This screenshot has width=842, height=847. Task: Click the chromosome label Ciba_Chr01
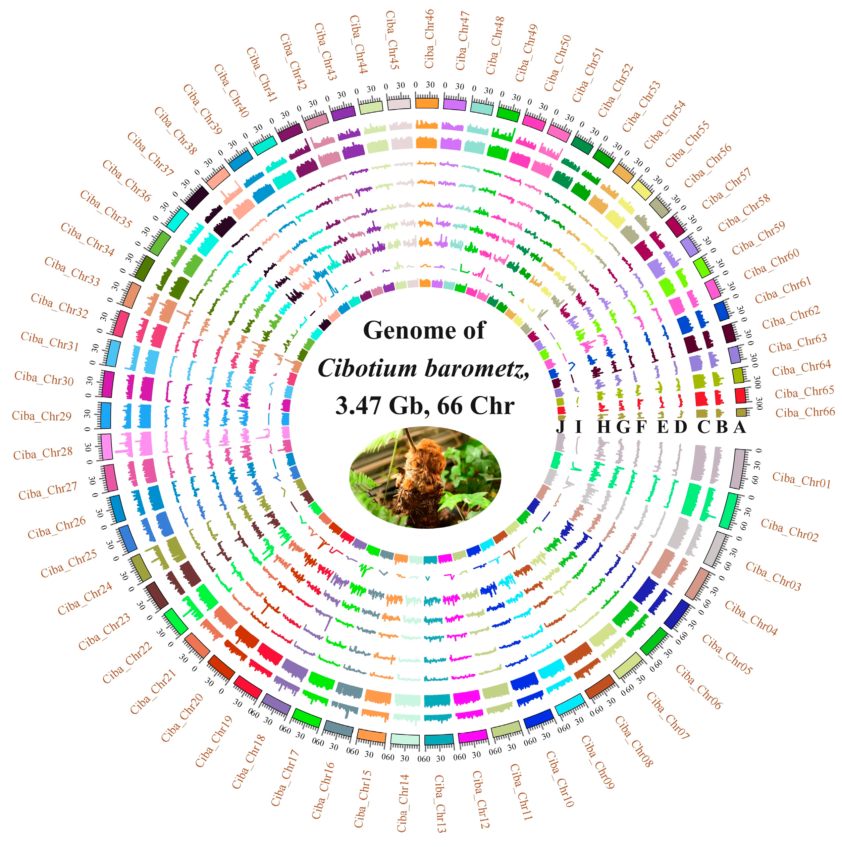(x=801, y=480)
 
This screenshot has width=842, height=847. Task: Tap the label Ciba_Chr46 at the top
(x=429, y=39)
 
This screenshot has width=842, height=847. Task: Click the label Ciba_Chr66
(x=805, y=413)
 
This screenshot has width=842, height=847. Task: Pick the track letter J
(x=560, y=426)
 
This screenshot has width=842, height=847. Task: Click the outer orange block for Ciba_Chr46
(x=426, y=103)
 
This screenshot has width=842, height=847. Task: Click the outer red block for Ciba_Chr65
(x=740, y=396)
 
